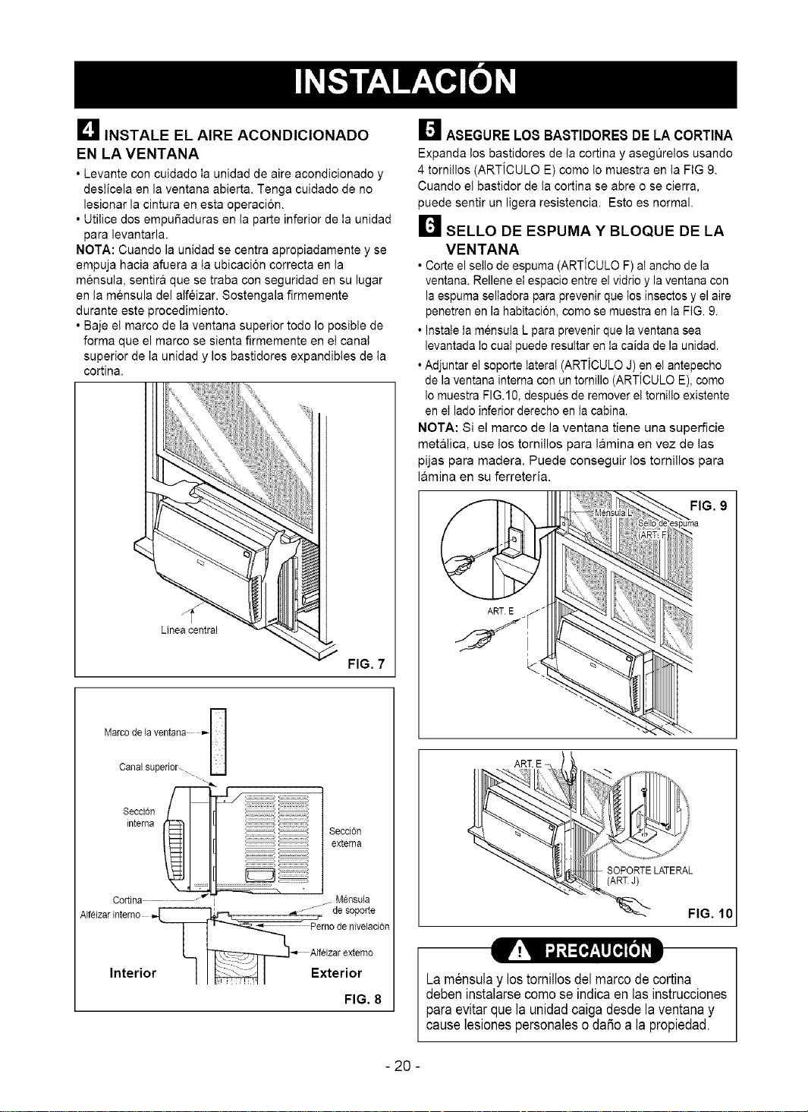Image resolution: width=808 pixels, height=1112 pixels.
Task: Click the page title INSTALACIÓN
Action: [x=405, y=82]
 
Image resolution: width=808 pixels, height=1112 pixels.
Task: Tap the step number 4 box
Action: [x=86, y=129]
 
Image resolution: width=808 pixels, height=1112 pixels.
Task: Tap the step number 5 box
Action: [x=429, y=129]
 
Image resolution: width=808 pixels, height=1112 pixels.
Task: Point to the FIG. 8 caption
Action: [x=363, y=999]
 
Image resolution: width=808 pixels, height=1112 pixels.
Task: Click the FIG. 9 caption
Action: [x=709, y=506]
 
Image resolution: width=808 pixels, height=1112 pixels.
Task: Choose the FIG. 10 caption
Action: [x=710, y=912]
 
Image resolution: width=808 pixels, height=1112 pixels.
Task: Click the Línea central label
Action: [x=189, y=630]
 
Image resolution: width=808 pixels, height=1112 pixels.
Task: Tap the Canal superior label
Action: [x=148, y=767]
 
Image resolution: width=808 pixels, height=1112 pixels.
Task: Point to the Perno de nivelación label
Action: [x=350, y=926]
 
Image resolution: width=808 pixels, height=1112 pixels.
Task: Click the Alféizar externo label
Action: [x=341, y=952]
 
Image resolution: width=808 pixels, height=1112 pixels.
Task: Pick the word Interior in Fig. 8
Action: [x=133, y=972]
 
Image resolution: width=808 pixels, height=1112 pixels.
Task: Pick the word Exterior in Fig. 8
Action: [x=337, y=972]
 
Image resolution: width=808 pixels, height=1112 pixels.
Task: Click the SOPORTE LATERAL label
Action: [x=649, y=870]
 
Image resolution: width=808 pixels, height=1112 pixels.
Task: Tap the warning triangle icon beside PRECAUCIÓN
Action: [x=519, y=950]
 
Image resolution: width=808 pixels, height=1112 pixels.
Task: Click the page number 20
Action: [x=404, y=1066]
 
